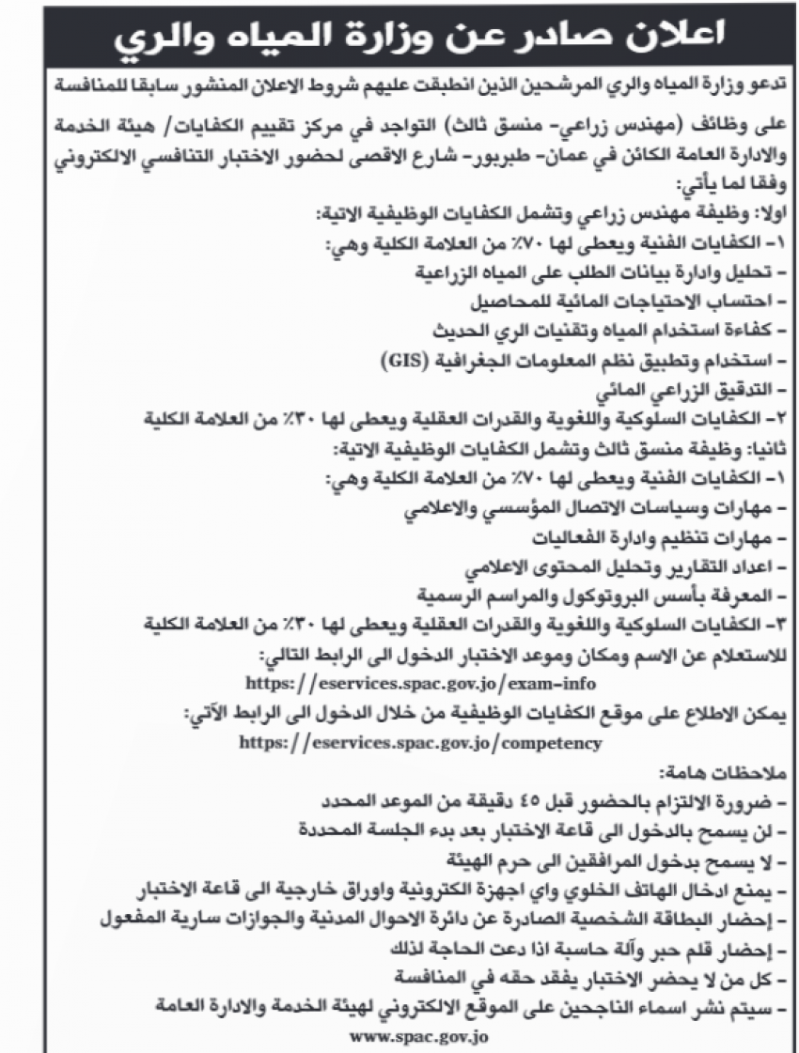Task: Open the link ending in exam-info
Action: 419,680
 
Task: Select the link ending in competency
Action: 419,742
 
